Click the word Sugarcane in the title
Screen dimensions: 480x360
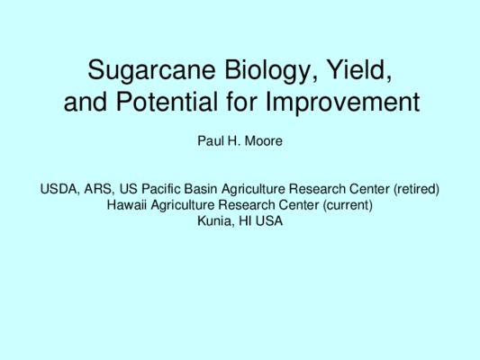click(152, 71)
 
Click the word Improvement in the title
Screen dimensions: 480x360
click(342, 102)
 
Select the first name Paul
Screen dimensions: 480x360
click(210, 141)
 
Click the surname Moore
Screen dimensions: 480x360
click(264, 141)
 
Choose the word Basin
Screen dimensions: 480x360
click(201, 189)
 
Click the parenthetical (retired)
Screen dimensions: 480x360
click(416, 190)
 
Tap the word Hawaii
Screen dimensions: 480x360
click(127, 205)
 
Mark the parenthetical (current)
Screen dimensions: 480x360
click(348, 205)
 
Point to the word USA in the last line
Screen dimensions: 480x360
click(269, 220)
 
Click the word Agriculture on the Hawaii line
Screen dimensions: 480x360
click(183, 205)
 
